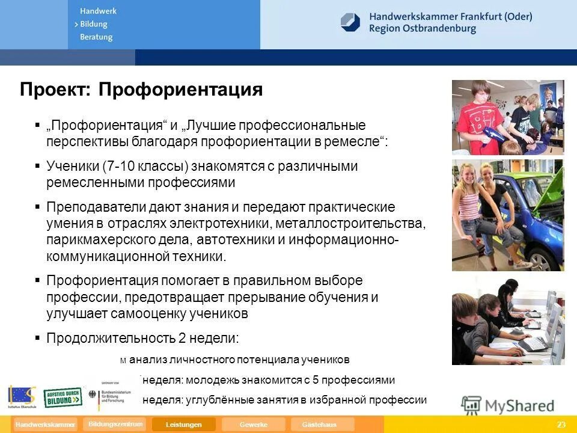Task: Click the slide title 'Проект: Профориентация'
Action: pos(141,90)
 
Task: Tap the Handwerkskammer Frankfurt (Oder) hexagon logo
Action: pos(350,22)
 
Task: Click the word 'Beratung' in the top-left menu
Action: pos(96,37)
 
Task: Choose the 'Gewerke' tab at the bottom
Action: pos(253,425)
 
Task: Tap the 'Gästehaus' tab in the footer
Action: pos(319,425)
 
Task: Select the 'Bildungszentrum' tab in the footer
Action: pos(115,424)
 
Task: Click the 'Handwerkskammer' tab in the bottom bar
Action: pos(46,425)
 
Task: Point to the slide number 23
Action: pos(561,425)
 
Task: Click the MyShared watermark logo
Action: pos(508,405)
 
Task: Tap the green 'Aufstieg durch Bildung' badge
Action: pos(63,397)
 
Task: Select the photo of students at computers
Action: pos(508,328)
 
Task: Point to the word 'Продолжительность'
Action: pos(111,338)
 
